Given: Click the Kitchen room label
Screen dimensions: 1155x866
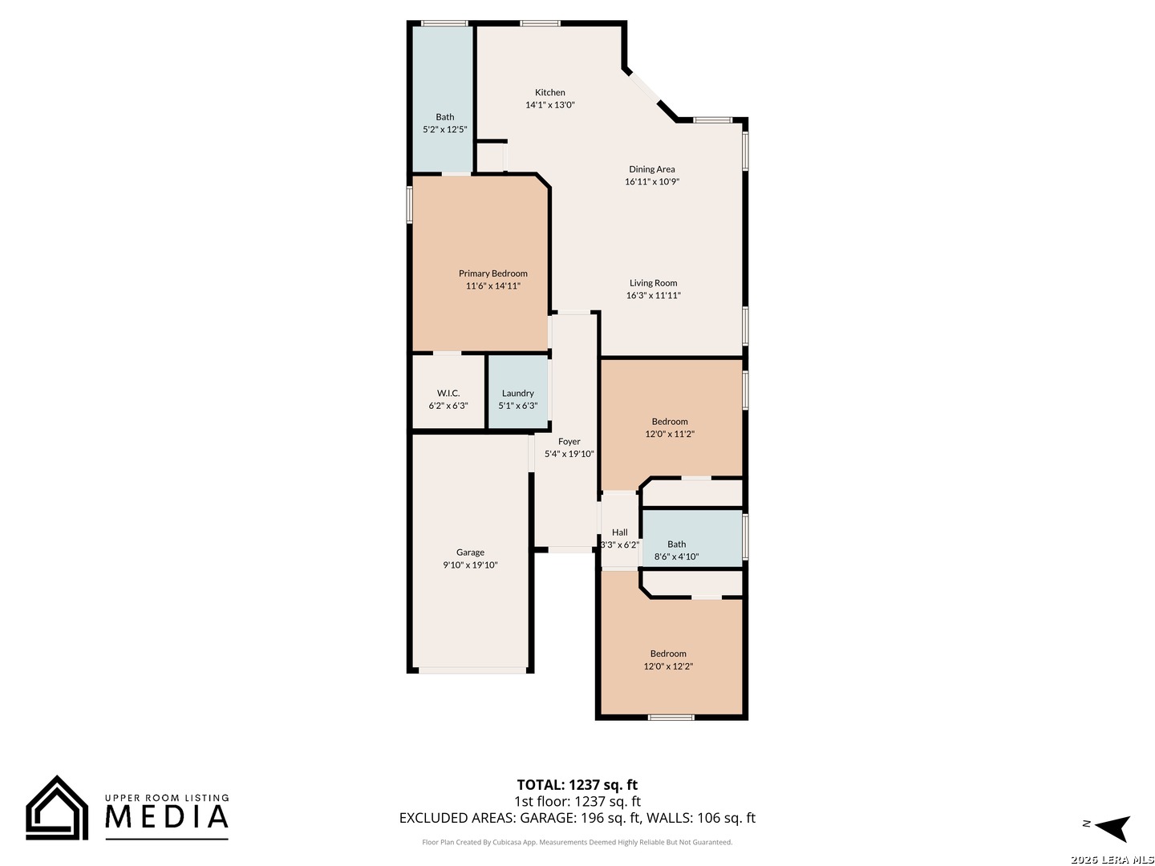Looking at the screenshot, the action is click(x=550, y=92).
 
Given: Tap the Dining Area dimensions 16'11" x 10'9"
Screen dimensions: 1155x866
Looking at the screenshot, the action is click(x=652, y=182).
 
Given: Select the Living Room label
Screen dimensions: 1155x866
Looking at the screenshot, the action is click(x=653, y=283).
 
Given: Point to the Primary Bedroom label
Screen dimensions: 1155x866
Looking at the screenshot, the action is click(x=493, y=273).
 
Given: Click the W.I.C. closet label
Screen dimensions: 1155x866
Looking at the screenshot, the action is click(x=448, y=393).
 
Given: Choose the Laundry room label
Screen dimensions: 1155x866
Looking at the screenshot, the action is click(x=518, y=393).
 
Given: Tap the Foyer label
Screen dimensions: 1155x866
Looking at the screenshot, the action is click(x=569, y=442).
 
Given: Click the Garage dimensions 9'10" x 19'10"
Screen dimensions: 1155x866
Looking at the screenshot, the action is click(x=470, y=565).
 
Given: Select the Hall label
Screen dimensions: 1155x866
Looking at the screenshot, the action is click(x=619, y=532).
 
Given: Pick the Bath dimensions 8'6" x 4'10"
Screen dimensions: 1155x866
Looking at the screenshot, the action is click(x=676, y=556).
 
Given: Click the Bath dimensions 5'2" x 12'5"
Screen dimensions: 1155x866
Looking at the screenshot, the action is click(x=444, y=129).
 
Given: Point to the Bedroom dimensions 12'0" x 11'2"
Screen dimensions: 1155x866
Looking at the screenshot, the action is click(x=669, y=435).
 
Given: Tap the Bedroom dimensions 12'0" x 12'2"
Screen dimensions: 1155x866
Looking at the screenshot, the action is click(x=668, y=666).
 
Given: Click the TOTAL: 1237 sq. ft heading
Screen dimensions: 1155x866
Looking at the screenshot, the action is click(x=577, y=785).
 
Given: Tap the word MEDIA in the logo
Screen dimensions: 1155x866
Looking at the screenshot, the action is click(x=167, y=816).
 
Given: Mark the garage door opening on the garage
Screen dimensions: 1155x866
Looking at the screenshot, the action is click(x=472, y=670).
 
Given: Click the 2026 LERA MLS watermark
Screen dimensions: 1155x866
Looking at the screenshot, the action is click(x=1112, y=860).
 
